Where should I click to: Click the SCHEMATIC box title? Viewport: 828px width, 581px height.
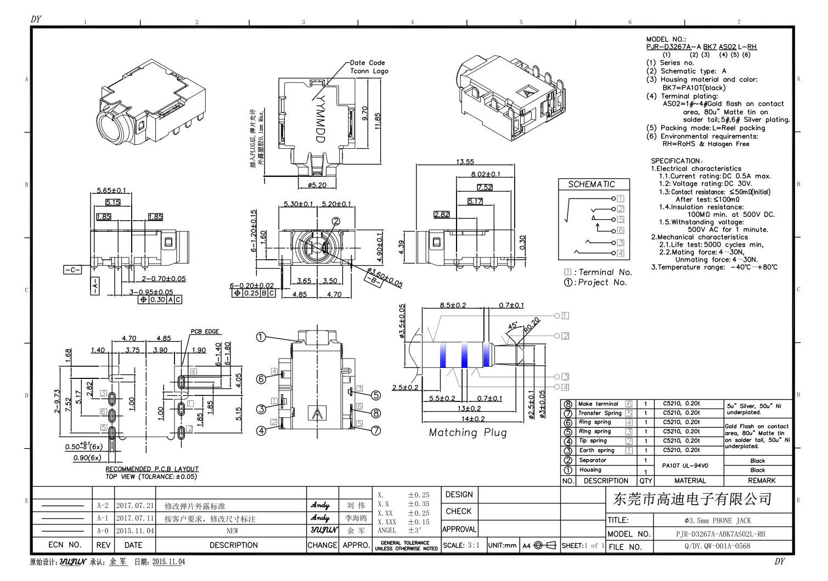click(x=591, y=185)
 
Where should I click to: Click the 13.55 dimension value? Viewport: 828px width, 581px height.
click(x=465, y=161)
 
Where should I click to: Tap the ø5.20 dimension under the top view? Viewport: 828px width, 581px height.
click(x=317, y=185)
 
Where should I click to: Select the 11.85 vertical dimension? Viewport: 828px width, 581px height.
click(x=378, y=121)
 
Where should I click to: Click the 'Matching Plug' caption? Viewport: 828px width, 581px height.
click(x=467, y=433)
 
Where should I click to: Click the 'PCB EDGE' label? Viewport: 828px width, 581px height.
click(x=205, y=332)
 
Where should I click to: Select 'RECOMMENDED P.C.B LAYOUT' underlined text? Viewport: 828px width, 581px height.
click(x=152, y=469)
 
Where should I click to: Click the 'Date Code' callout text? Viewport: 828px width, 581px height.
click(x=367, y=63)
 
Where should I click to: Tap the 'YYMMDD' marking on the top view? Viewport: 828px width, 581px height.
click(x=320, y=119)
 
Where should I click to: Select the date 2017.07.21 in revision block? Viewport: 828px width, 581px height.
click(x=134, y=506)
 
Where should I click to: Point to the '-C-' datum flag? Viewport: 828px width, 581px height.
click(x=72, y=270)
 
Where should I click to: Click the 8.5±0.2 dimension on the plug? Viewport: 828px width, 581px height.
click(x=453, y=305)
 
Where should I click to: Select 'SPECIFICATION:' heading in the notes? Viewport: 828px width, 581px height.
click(x=677, y=161)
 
